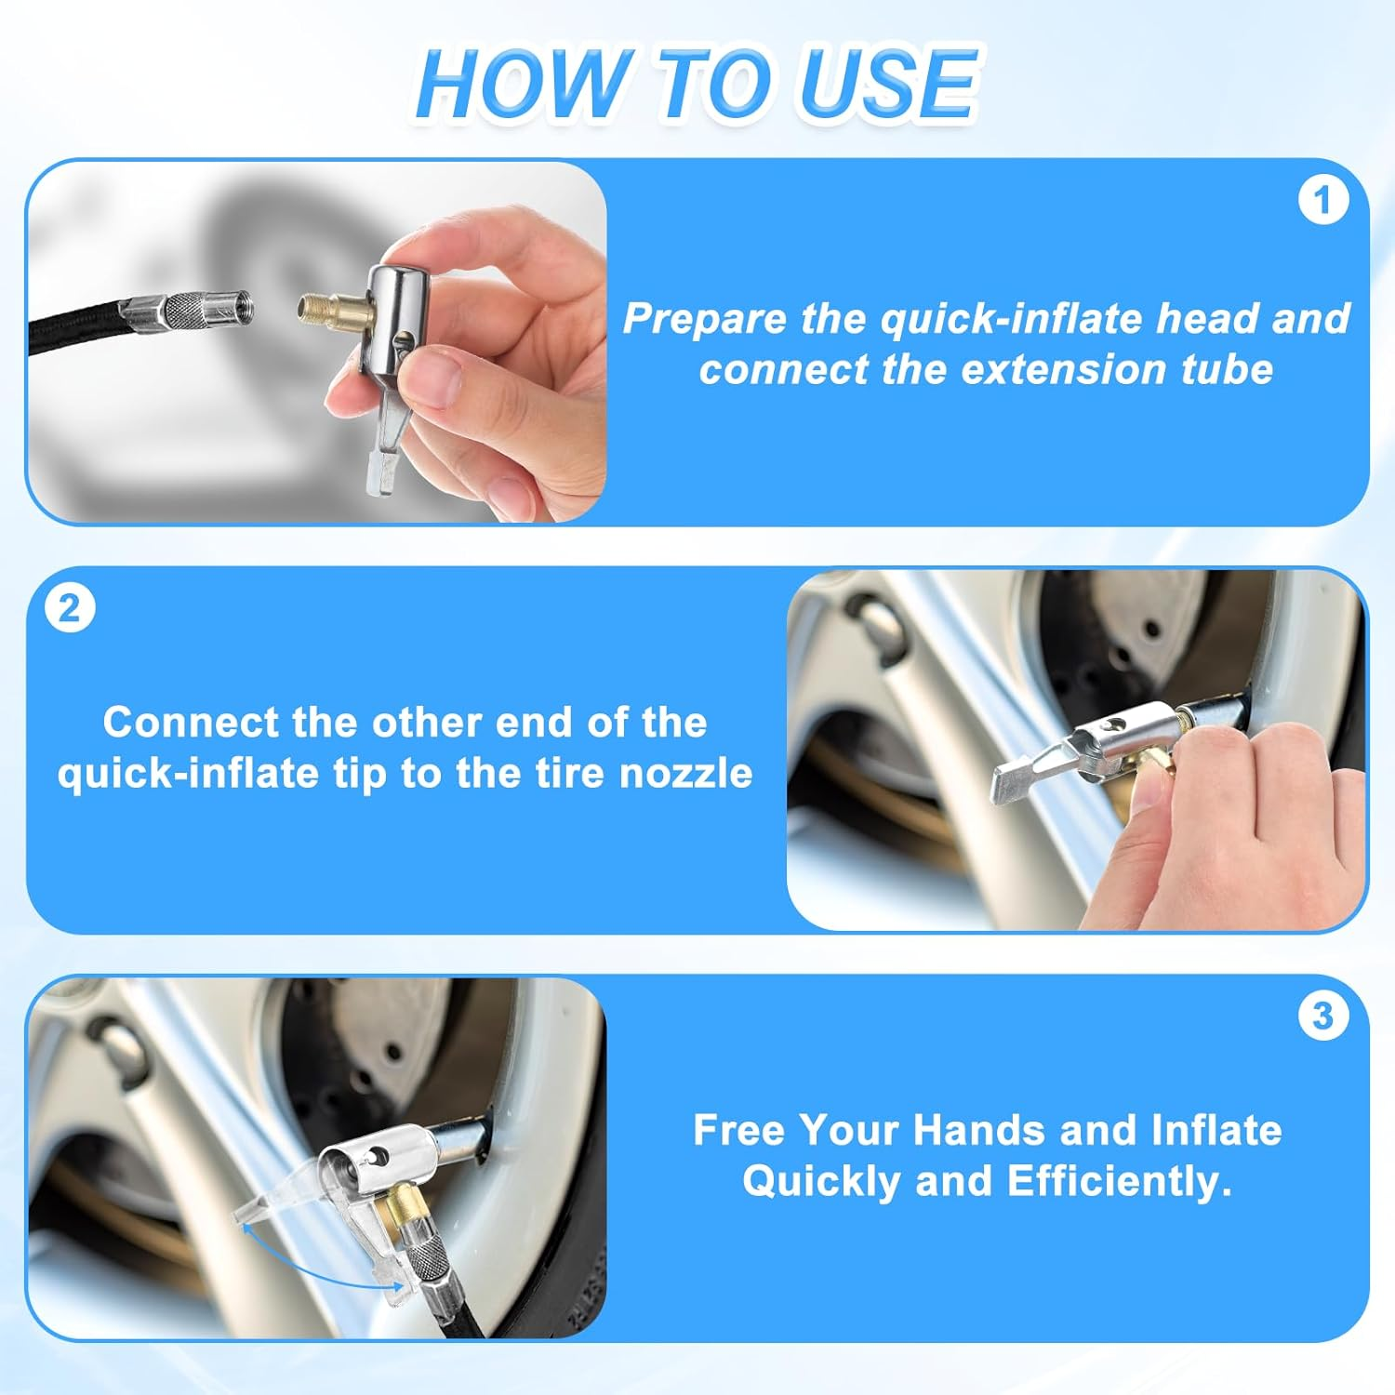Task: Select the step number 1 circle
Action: [1322, 201]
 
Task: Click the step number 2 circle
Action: [70, 609]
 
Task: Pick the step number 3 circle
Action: [1322, 1016]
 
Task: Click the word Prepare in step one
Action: [704, 319]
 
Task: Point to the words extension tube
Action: [1116, 370]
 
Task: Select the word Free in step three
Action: [740, 1131]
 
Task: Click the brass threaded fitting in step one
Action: [330, 306]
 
